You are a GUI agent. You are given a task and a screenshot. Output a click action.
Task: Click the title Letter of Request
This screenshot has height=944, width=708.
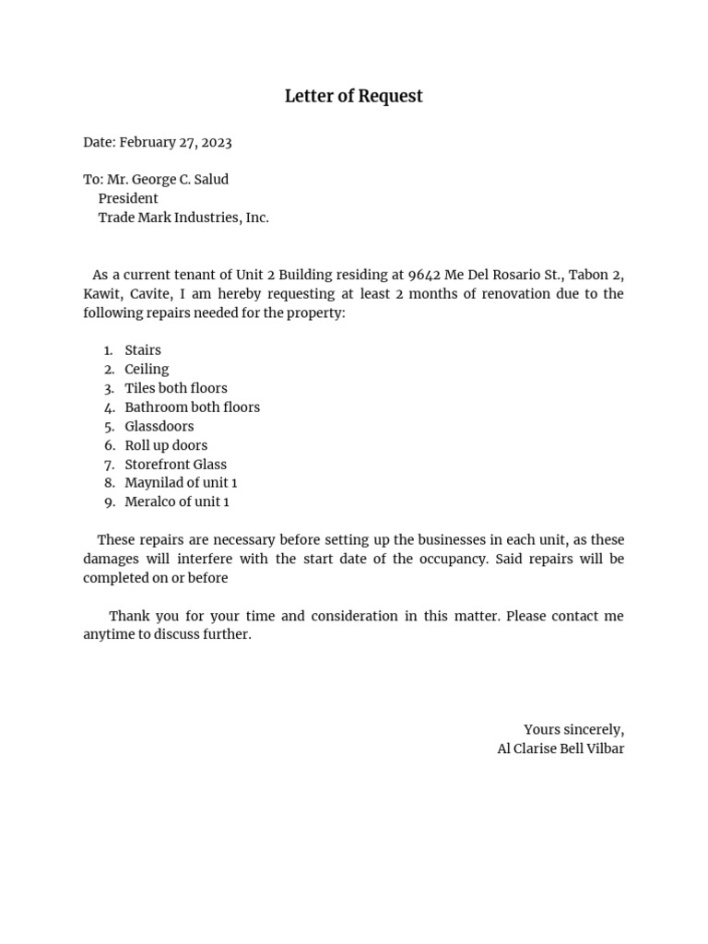353,96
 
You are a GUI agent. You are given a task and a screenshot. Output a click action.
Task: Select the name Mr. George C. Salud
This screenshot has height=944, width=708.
168,180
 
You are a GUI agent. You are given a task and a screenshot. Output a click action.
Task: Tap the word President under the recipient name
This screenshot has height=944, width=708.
128,198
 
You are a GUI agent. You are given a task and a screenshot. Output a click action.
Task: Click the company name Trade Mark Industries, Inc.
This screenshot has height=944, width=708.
183,218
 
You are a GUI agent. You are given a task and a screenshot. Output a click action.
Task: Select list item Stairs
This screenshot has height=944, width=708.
143,350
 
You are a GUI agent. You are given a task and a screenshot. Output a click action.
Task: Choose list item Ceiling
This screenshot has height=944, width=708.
147,369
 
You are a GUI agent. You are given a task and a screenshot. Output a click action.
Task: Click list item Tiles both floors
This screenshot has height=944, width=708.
176,388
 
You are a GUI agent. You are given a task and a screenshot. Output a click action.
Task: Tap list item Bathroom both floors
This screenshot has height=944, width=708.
192,407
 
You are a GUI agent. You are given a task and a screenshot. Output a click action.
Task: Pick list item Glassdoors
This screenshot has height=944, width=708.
159,427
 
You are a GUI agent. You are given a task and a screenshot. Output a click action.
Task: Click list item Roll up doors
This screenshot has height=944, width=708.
166,445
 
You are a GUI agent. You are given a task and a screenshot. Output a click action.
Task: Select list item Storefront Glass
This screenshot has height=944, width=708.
175,465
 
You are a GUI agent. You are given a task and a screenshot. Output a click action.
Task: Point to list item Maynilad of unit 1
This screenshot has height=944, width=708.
181,483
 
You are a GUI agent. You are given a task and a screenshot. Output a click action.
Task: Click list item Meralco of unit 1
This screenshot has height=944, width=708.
177,502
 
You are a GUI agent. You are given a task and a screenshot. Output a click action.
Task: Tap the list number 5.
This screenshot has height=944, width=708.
109,427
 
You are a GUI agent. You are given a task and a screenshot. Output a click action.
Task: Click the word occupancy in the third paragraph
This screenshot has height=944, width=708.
440,560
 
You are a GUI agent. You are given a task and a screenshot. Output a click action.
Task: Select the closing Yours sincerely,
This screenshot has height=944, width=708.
573,730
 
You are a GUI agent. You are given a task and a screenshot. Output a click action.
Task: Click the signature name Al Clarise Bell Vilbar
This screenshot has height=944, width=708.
560,749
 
